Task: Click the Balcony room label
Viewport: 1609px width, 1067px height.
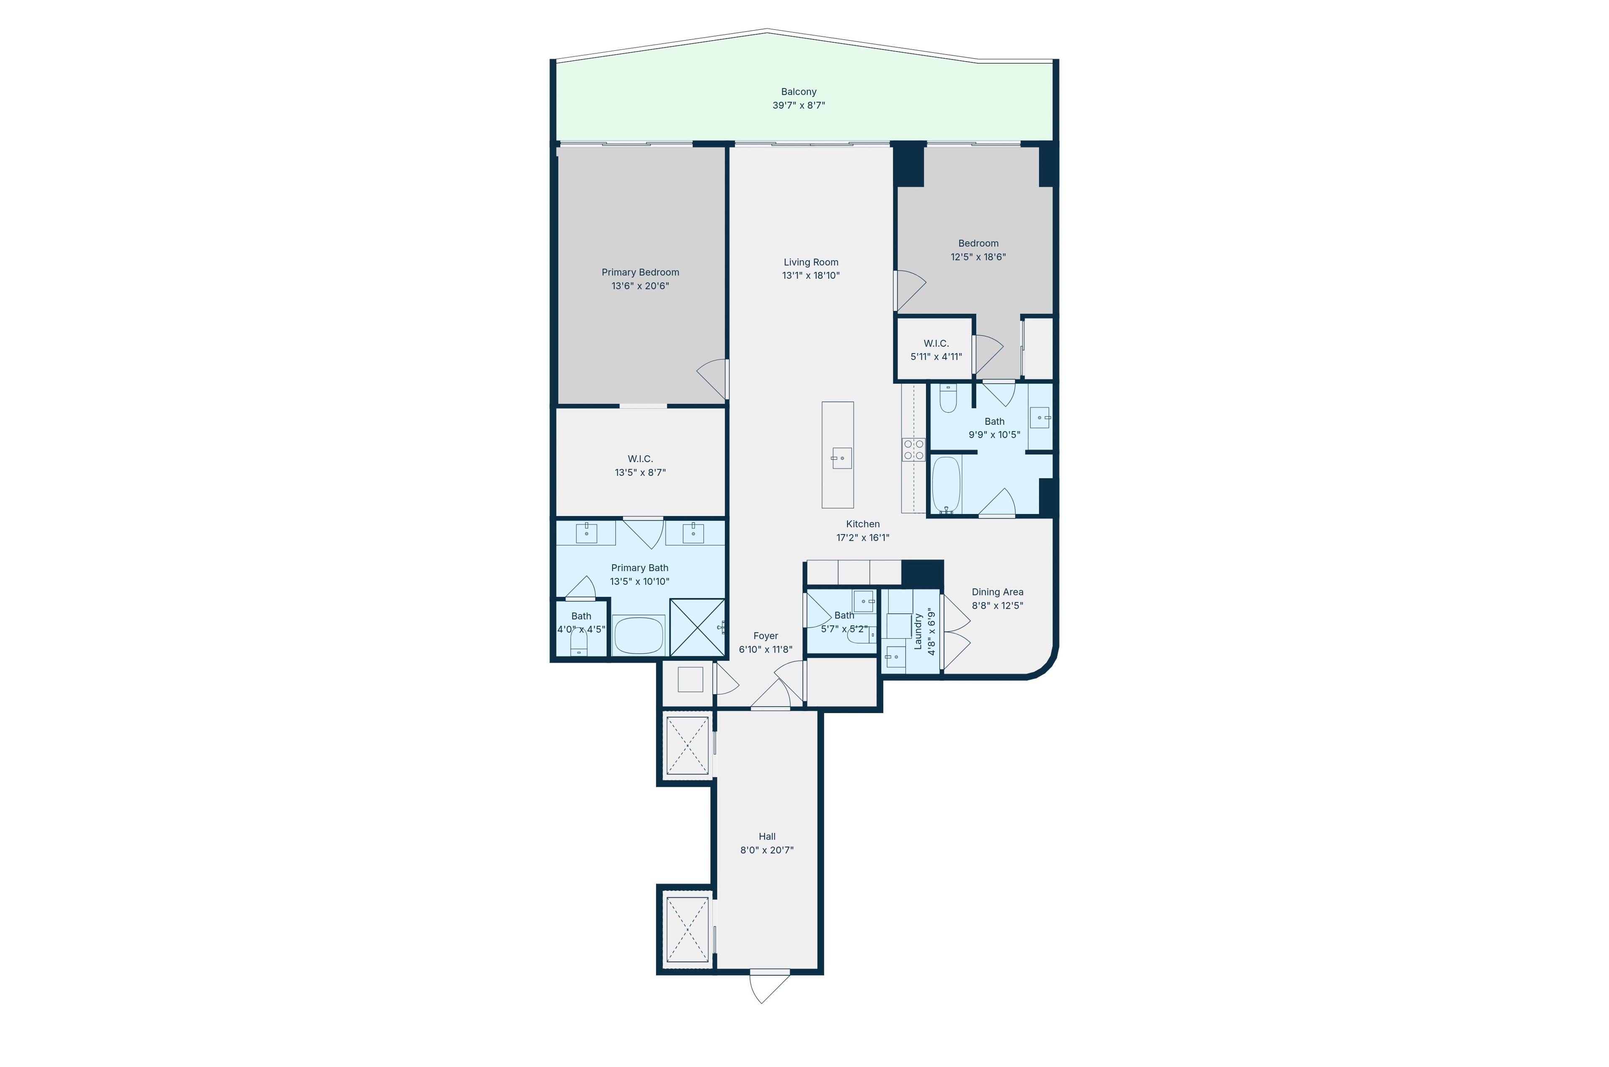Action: (x=798, y=92)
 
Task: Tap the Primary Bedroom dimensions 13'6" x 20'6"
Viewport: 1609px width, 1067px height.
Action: (x=640, y=286)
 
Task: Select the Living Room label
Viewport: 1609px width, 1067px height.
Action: (x=811, y=262)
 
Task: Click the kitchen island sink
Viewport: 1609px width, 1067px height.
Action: (x=841, y=458)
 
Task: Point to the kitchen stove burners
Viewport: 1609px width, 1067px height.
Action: (x=913, y=450)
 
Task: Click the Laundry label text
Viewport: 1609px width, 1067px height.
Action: (x=918, y=631)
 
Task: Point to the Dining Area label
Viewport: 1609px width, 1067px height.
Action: (x=997, y=592)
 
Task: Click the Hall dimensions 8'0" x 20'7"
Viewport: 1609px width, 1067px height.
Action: (x=767, y=850)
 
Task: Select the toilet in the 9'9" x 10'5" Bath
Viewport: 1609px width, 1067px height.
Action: (x=948, y=398)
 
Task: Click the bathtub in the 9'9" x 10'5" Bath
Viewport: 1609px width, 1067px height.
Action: (x=946, y=485)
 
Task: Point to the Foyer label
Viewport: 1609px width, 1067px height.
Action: (x=766, y=636)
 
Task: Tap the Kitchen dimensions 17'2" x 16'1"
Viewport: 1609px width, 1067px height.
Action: (x=863, y=537)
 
